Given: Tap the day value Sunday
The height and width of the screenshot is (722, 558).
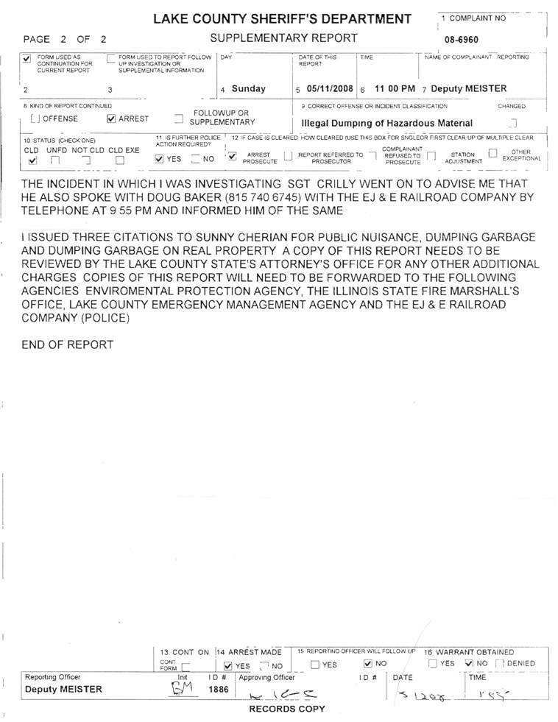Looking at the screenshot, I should coord(248,89).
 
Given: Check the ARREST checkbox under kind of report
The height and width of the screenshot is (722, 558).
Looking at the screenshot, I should coord(112,118).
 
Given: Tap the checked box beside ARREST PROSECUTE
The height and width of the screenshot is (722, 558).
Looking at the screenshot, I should coord(232,155).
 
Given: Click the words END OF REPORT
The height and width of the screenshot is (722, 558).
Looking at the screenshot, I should coord(68,344).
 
